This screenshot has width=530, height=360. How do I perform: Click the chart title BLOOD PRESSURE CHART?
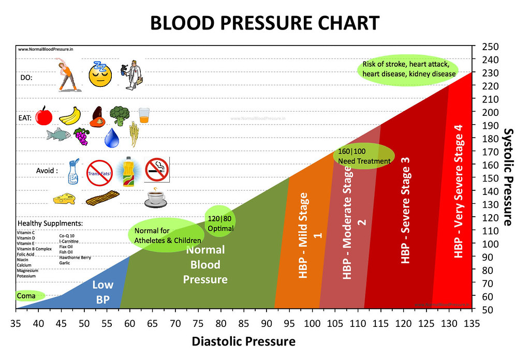[x=264, y=23]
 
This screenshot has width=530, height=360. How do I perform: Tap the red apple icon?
[x=44, y=116]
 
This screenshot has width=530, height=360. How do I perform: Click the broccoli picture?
[x=120, y=115]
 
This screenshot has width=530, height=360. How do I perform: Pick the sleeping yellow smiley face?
[x=100, y=74]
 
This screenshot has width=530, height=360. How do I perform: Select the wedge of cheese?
[x=64, y=198]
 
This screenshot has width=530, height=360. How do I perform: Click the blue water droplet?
[x=112, y=137]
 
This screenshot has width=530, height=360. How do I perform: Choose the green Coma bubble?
[x=27, y=296]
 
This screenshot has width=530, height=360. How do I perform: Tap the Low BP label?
[x=102, y=292]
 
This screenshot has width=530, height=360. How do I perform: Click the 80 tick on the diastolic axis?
[x=220, y=324]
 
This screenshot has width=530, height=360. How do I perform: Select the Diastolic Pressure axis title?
[x=243, y=341]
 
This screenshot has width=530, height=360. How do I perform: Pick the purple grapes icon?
[x=81, y=136]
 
